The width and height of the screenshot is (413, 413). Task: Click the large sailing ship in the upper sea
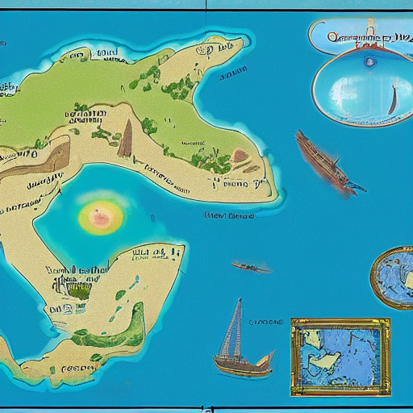[323, 162]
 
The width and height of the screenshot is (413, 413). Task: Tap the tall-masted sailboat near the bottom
[240, 347]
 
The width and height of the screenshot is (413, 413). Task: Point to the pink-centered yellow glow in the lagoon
[100, 215]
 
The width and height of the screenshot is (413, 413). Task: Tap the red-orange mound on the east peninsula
[240, 156]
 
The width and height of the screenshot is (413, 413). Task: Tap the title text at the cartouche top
[359, 35]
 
